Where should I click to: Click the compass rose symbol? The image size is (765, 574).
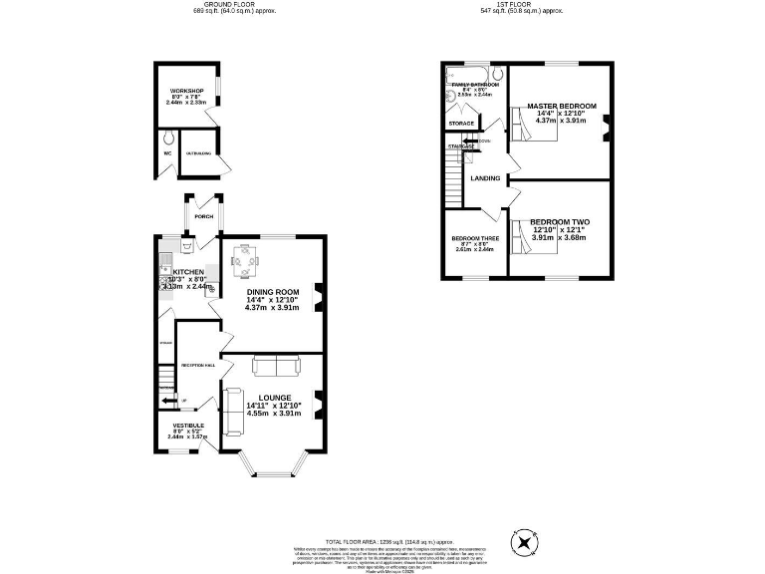[524, 542]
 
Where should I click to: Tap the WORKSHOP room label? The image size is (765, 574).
[186, 92]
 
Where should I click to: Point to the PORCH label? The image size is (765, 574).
[203, 216]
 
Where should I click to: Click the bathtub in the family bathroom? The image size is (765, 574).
[466, 75]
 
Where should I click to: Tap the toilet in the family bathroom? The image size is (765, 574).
[497, 74]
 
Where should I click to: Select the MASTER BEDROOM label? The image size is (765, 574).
[562, 106]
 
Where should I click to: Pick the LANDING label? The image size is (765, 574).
[485, 178]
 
